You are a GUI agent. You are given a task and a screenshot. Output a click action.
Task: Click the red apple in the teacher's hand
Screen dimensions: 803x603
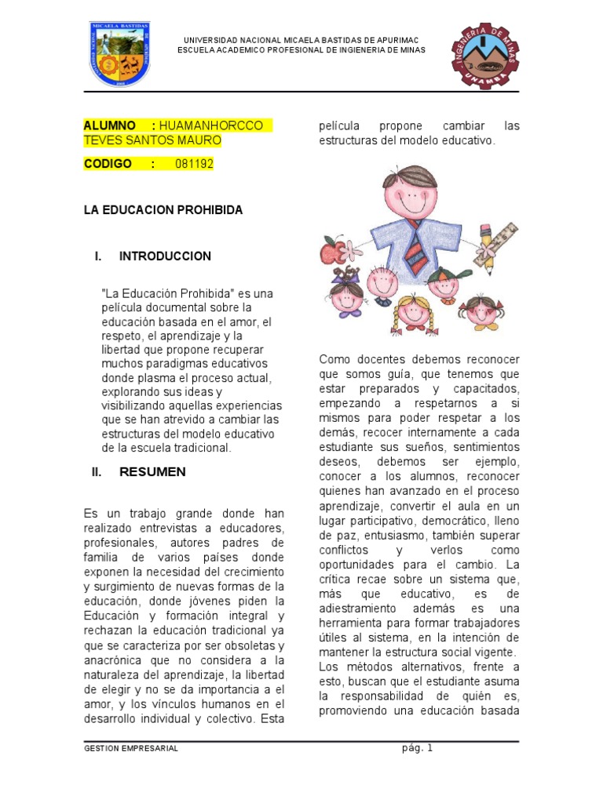click(x=332, y=251)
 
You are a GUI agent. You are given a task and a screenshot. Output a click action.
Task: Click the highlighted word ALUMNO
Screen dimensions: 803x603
click(x=110, y=126)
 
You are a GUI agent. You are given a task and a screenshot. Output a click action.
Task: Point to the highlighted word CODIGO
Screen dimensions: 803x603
click(x=109, y=164)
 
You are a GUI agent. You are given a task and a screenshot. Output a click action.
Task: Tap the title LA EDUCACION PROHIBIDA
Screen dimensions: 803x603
click(x=163, y=210)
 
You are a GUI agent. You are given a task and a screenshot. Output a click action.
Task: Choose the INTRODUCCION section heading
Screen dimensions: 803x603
click(x=165, y=256)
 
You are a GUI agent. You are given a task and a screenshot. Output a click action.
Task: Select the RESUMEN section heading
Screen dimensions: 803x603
click(x=152, y=471)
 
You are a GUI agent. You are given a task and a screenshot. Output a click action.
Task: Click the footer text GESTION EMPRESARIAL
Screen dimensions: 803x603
click(x=131, y=748)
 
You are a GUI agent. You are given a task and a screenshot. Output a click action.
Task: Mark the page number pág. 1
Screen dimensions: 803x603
click(x=416, y=747)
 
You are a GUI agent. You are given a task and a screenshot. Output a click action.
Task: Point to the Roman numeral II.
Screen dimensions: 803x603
click(x=97, y=471)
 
